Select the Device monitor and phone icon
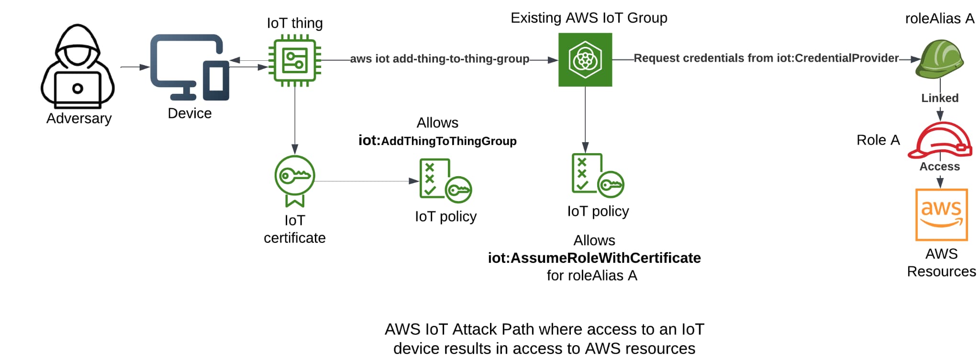(x=189, y=67)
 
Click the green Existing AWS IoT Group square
(x=585, y=60)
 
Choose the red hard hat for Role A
(x=940, y=140)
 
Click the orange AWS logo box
(x=941, y=214)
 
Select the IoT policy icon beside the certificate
(x=445, y=180)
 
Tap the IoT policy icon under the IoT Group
(x=597, y=175)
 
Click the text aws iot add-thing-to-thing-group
(x=439, y=59)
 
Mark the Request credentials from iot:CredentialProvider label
(x=766, y=58)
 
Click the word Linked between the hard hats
(x=940, y=98)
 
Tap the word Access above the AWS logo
(x=939, y=167)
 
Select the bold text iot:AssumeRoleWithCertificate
(x=594, y=258)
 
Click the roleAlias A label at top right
(x=939, y=19)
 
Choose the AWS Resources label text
(x=941, y=262)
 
